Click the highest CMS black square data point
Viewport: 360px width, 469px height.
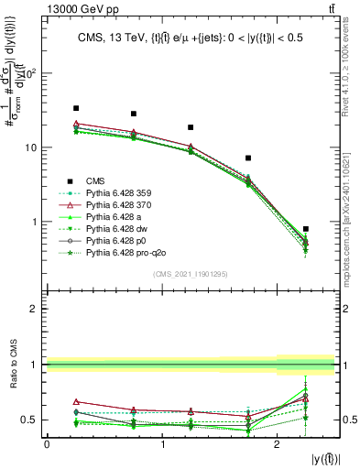tap(76, 108)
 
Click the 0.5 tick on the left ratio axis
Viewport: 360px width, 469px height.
tap(31, 420)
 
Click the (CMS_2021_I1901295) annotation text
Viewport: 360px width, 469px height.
tap(191, 274)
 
